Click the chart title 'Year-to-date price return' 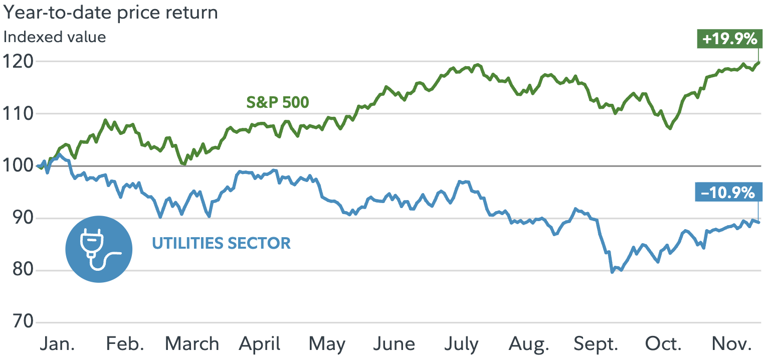[111, 12]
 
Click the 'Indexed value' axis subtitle [55, 37]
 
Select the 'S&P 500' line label [277, 103]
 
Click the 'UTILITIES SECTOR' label [221, 244]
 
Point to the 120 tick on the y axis [19, 62]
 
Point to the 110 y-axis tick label [19, 114]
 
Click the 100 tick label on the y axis [19, 166]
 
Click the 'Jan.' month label [58, 344]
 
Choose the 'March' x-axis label [192, 344]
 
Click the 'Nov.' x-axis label [731, 344]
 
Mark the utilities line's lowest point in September [612, 272]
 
